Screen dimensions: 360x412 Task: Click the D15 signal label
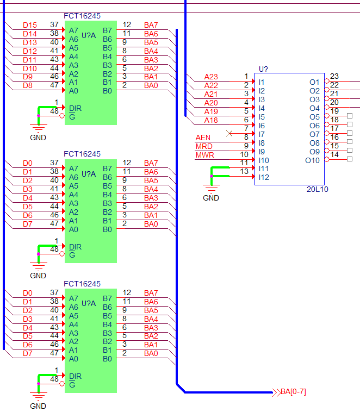tap(30, 25)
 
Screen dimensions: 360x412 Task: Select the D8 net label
tap(28, 85)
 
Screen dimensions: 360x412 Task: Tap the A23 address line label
tap(211, 77)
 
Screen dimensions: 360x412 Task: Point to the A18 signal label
tap(211, 120)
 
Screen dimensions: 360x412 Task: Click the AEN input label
tap(203, 138)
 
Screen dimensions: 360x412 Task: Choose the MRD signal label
tap(204, 146)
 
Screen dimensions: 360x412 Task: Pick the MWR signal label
tap(205, 155)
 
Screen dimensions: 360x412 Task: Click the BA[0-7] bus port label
tap(293, 392)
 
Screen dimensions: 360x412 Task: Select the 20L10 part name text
tap(317, 189)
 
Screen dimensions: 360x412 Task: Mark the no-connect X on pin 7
tap(229, 134)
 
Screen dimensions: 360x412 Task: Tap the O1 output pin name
tap(314, 82)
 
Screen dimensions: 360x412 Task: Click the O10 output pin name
tap(312, 160)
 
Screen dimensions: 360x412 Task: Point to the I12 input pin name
tap(264, 177)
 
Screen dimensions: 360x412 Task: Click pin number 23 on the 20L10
tap(334, 76)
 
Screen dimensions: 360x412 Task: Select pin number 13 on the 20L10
tap(244, 172)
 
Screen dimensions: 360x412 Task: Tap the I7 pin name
tap(262, 134)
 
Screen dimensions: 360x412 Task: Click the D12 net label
tap(30, 51)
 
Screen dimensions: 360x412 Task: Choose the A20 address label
tap(211, 103)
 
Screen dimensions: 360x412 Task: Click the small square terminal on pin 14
tap(350, 159)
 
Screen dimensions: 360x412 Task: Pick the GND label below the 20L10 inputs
tap(211, 198)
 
